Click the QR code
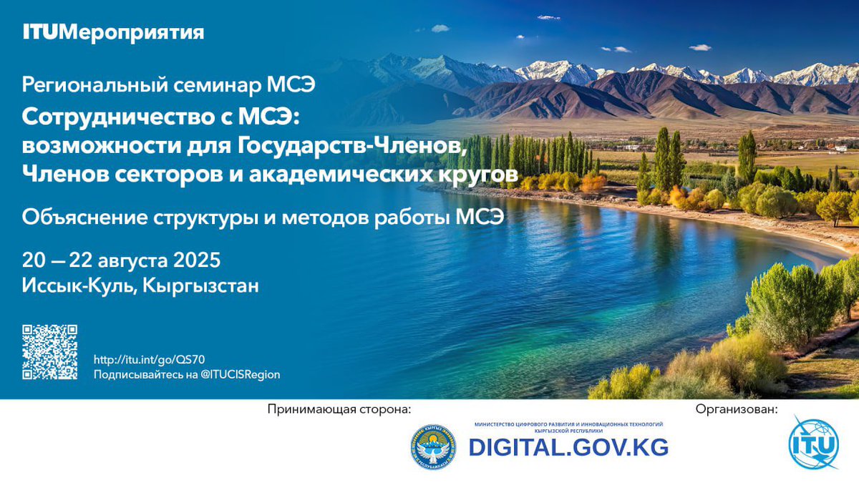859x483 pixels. coord(49,352)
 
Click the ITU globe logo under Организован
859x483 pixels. coord(813,443)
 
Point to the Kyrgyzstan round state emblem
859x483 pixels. coord(433,447)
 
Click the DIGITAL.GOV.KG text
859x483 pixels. coord(568,447)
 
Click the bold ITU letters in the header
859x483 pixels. coord(40,32)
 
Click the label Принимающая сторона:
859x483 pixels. coord(340,409)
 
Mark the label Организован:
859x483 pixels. coord(736,409)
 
